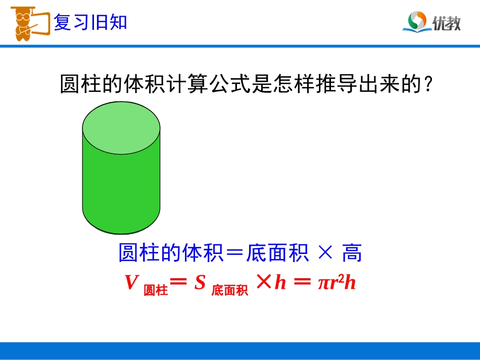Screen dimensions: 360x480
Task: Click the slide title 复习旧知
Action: [90, 23]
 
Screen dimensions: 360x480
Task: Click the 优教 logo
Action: [432, 22]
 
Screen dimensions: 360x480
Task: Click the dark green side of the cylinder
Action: [121, 192]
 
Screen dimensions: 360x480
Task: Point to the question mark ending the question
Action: [427, 85]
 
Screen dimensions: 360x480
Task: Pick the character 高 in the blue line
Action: [352, 253]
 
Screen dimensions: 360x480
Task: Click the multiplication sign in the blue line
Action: [324, 253]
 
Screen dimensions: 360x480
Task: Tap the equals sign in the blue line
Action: [234, 253]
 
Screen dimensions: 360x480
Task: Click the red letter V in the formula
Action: [131, 283]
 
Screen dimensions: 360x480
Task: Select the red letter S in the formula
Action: [200, 283]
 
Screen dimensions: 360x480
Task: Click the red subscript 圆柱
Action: [156, 290]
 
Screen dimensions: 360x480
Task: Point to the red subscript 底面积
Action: [230, 290]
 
